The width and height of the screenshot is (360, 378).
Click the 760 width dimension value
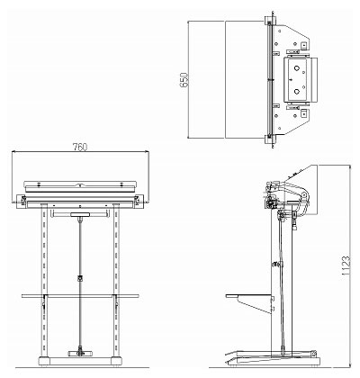pyautogui.click(x=80, y=147)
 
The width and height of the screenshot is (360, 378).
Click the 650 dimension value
pyautogui.click(x=184, y=80)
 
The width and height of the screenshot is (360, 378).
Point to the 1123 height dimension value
pyautogui.click(x=346, y=265)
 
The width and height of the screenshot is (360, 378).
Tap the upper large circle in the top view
pyautogui.click(x=297, y=68)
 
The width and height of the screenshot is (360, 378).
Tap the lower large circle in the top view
pyautogui.click(x=297, y=92)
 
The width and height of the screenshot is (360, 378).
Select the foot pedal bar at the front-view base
pyautogui.click(x=80, y=354)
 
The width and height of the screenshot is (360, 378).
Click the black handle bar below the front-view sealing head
pyautogui.click(x=80, y=214)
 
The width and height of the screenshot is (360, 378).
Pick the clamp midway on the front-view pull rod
pyautogui.click(x=80, y=278)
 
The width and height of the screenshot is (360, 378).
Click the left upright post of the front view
pyautogui.click(x=44, y=280)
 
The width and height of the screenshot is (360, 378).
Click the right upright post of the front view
pyautogui.click(x=116, y=280)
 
